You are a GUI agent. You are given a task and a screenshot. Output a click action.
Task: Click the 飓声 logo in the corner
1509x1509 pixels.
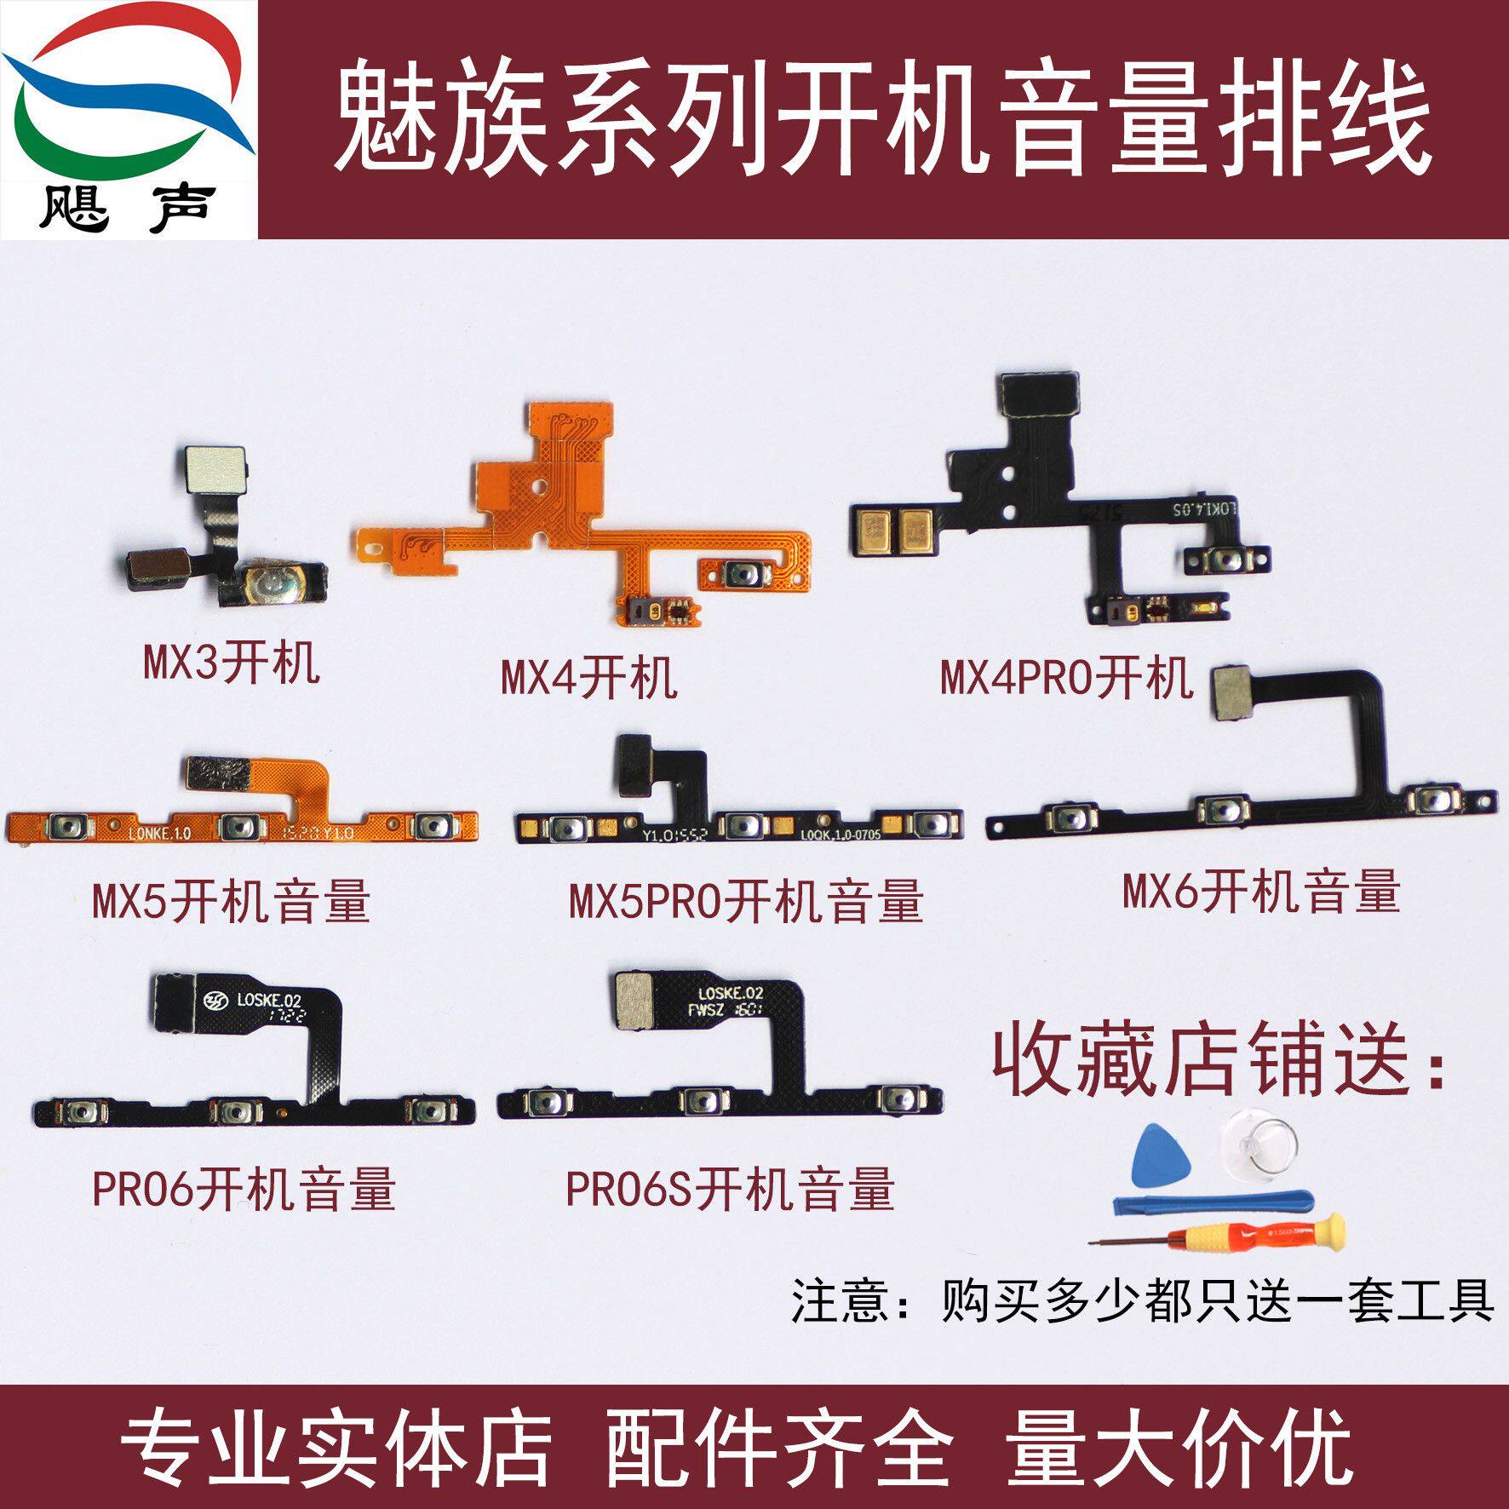(x=128, y=119)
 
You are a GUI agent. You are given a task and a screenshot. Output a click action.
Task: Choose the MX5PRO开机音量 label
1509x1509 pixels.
(x=746, y=900)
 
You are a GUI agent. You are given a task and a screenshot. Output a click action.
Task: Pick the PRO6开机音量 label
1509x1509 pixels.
(x=244, y=1189)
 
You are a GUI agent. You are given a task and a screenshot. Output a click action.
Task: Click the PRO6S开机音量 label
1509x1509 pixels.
(x=731, y=1189)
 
